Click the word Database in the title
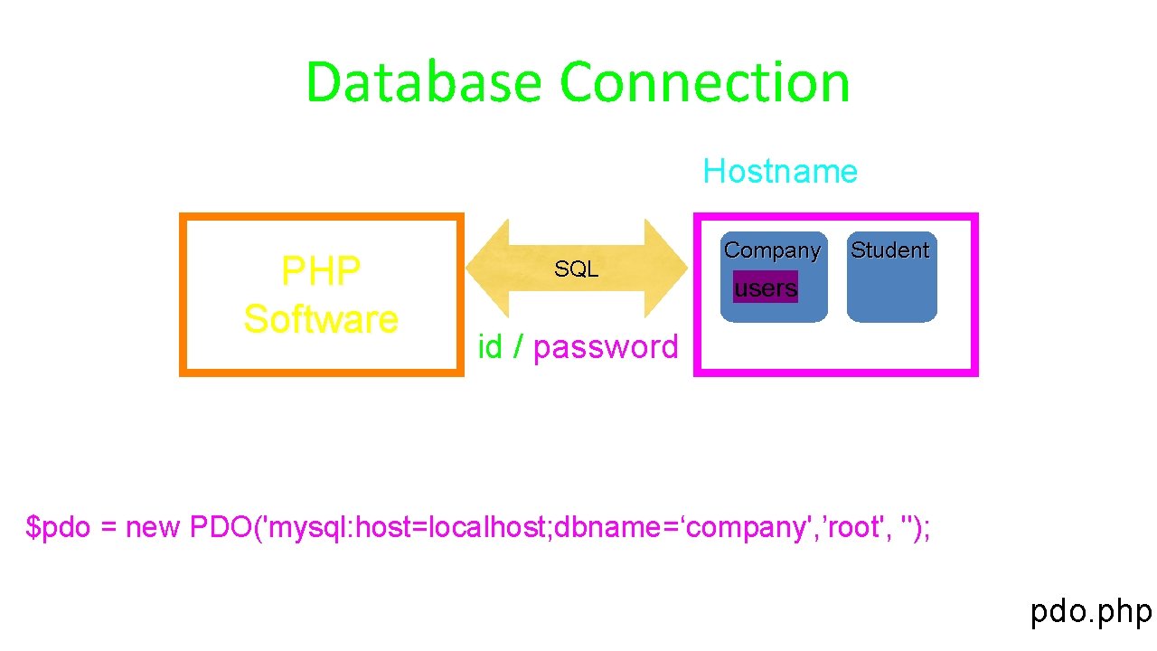[423, 82]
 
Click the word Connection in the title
[705, 82]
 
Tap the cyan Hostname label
[780, 171]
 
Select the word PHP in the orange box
[321, 269]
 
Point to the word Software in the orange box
[321, 319]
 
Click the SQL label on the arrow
[576, 269]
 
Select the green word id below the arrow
[490, 346]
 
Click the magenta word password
[606, 346]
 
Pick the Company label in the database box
[772, 250]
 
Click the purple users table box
[766, 288]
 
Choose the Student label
[890, 250]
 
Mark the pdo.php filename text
[1091, 612]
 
